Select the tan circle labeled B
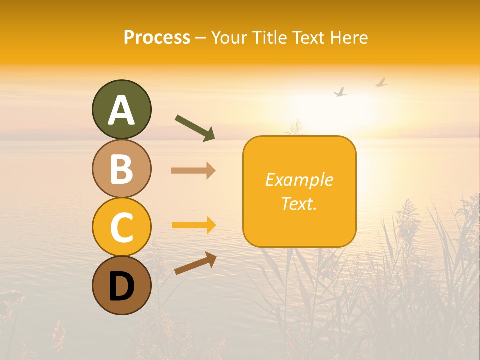tap(121, 169)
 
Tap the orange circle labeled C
tap(121, 227)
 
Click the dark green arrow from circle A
tap(195, 127)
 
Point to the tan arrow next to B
tap(193, 171)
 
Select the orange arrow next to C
tap(193, 225)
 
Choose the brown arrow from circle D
tap(195, 263)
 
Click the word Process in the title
tap(157, 38)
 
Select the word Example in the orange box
tap(299, 180)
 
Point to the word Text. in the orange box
tap(299, 203)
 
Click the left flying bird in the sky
tap(340, 92)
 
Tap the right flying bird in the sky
tap(381, 83)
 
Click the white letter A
tap(121, 110)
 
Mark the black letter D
tap(121, 286)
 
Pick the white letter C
tap(121, 227)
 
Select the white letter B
tap(121, 169)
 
